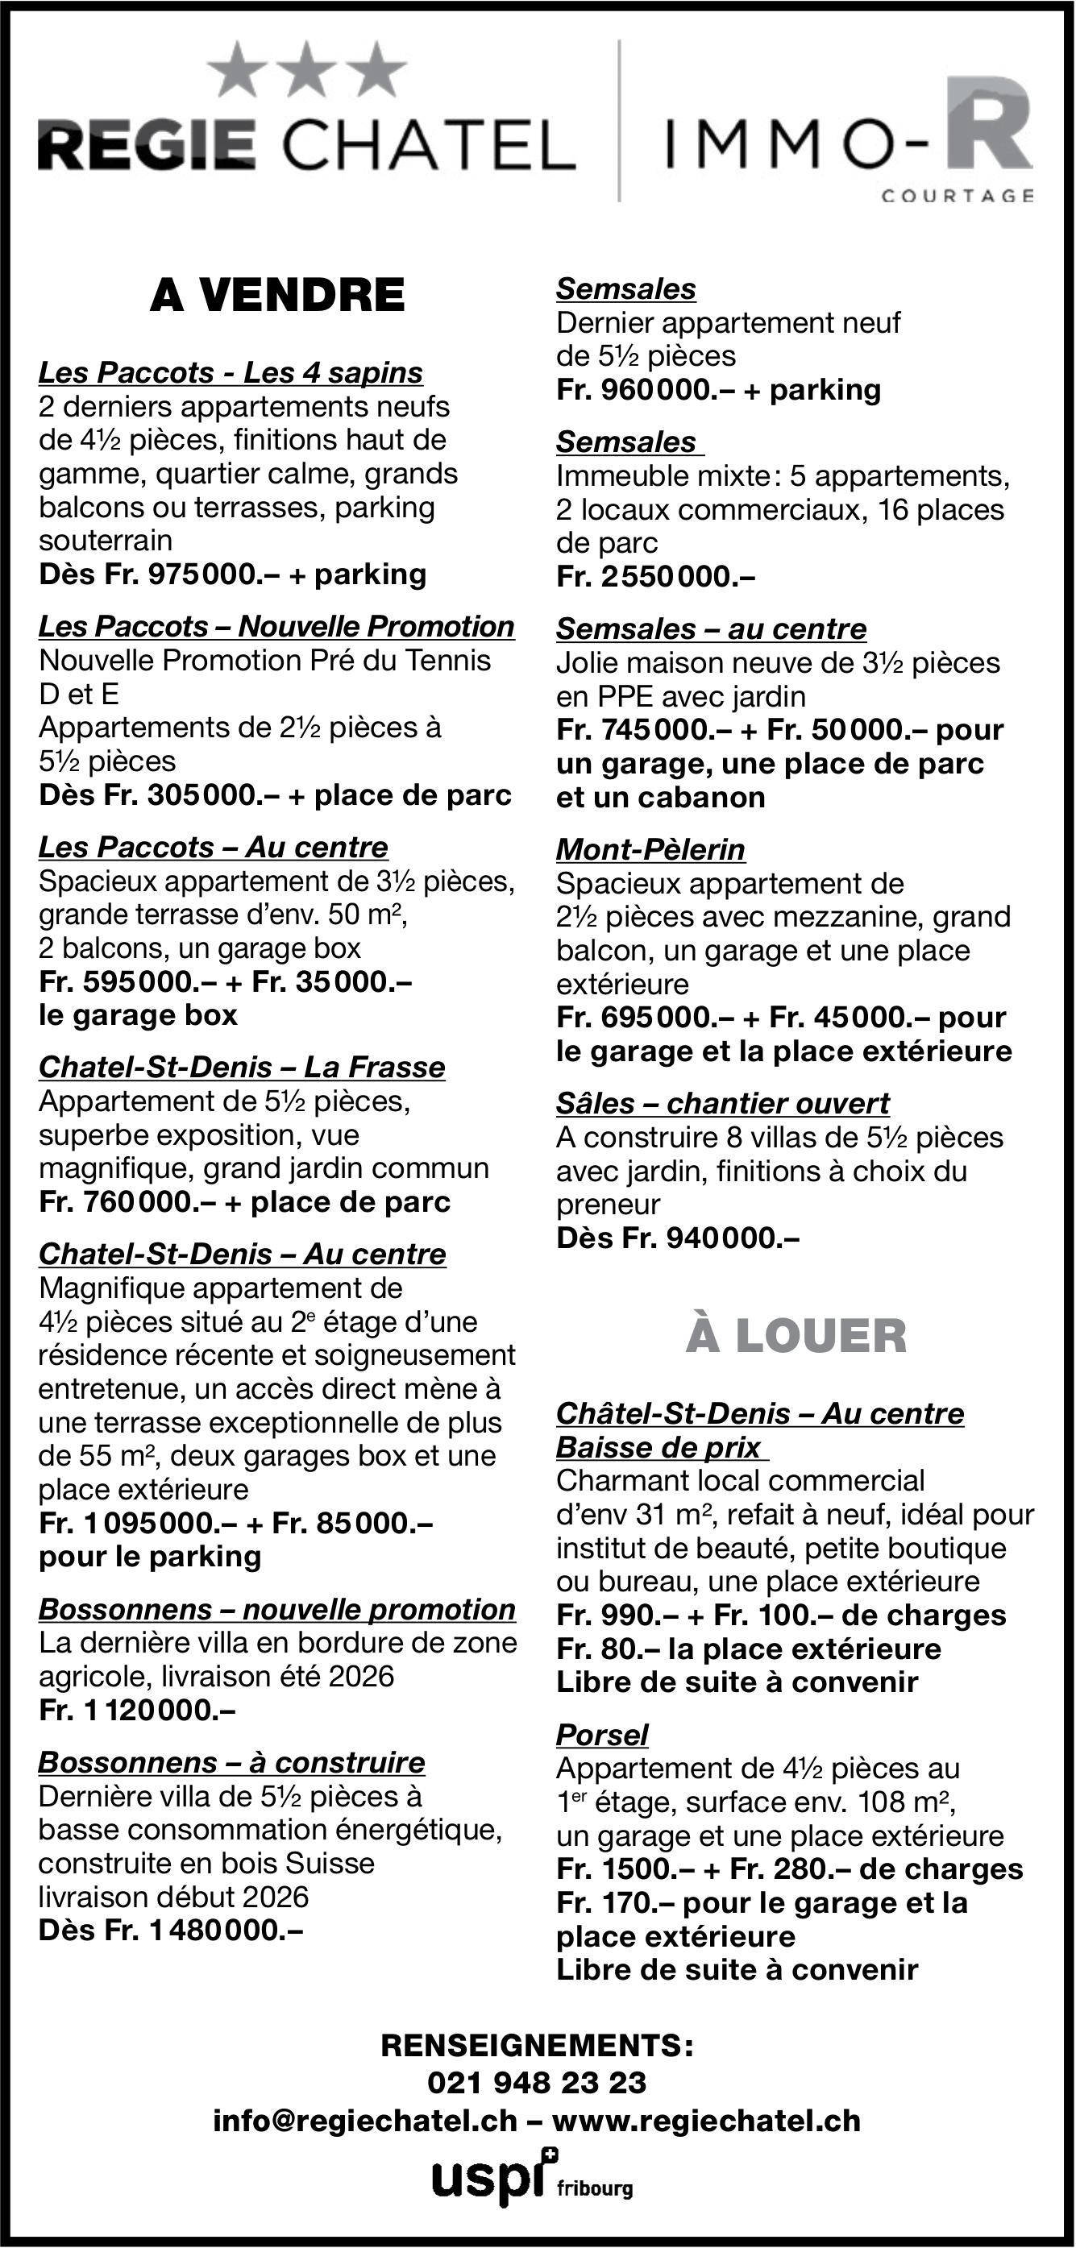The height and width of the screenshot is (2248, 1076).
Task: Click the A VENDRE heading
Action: (x=277, y=295)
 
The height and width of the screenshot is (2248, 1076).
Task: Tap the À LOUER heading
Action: (x=796, y=1336)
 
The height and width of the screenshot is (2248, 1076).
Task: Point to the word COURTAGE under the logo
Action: (x=958, y=197)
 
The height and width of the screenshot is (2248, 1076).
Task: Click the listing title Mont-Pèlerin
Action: (x=650, y=849)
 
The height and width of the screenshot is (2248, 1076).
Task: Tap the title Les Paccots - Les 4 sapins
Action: (x=231, y=372)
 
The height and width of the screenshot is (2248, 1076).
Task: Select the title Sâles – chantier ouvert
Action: (x=722, y=1103)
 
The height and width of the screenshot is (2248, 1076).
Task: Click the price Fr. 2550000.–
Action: (x=655, y=577)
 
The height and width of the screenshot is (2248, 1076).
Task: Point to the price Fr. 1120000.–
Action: (x=137, y=1710)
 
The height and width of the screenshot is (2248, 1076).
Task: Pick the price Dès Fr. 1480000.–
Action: (x=170, y=1931)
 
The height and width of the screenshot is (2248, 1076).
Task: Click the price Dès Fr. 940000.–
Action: (x=677, y=1238)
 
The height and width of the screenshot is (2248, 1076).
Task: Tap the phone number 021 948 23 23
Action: (x=537, y=2083)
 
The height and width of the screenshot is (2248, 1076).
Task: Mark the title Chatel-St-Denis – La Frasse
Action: (x=242, y=1068)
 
